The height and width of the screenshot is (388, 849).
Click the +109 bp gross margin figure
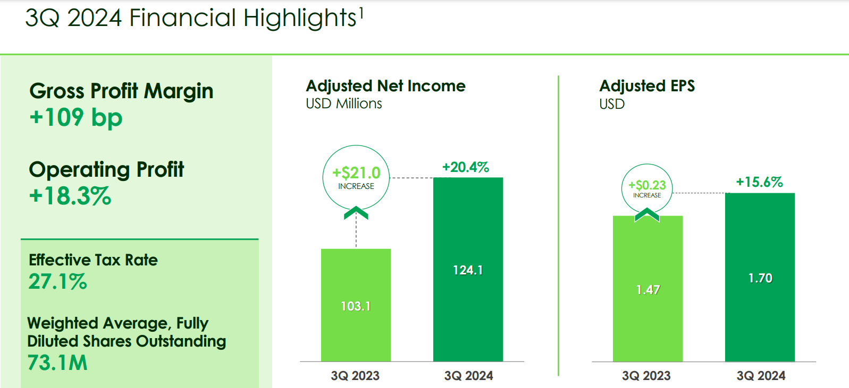pyautogui.click(x=76, y=117)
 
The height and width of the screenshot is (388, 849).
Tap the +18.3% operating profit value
pyautogui.click(x=70, y=196)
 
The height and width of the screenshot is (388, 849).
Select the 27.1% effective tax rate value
pyautogui.click(x=57, y=281)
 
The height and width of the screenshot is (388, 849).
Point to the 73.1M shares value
pyautogui.click(x=57, y=363)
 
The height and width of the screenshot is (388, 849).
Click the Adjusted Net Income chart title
pyautogui.click(x=385, y=86)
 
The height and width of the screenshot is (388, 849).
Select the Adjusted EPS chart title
pyautogui.click(x=647, y=86)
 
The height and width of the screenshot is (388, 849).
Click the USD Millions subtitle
pyautogui.click(x=343, y=104)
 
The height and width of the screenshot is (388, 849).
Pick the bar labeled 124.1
pyautogui.click(x=468, y=270)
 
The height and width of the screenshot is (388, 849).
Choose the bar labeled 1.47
pyautogui.click(x=648, y=289)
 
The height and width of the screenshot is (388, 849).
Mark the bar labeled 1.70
pyautogui.click(x=760, y=278)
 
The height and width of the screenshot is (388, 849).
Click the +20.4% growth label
pyautogui.click(x=466, y=167)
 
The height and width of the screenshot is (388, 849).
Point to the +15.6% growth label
pyautogui.click(x=759, y=182)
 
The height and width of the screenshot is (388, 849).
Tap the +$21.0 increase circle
pyautogui.click(x=356, y=177)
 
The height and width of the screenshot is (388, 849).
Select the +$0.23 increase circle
pyautogui.click(x=647, y=188)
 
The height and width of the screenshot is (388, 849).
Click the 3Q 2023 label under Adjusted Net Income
pyautogui.click(x=355, y=376)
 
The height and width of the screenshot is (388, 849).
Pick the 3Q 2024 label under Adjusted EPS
pyautogui.click(x=761, y=376)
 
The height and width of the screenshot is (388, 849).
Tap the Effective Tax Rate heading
pyautogui.click(x=93, y=260)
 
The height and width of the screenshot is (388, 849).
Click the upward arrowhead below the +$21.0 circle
pyautogui.click(x=356, y=213)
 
